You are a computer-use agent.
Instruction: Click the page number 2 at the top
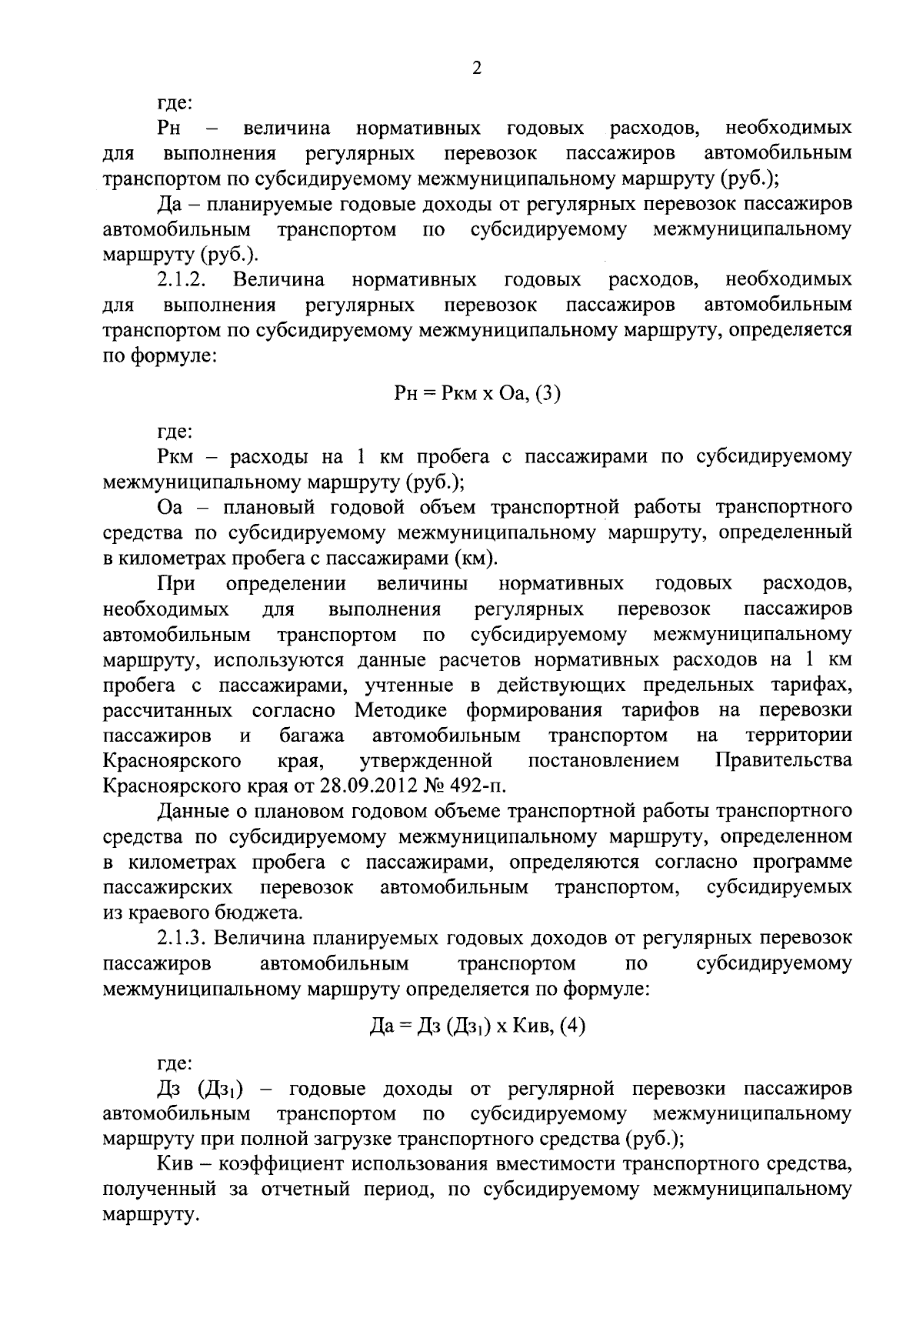[476, 68]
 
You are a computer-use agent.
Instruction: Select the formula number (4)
[572, 1026]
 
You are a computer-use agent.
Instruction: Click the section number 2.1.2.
[180, 279]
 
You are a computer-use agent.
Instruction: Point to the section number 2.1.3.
[180, 939]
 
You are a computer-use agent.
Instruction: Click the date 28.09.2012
[368, 786]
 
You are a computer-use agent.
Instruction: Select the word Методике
[405, 710]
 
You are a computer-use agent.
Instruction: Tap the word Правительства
[783, 761]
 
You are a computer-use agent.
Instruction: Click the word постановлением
[604, 761]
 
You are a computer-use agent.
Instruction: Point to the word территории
[798, 736]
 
